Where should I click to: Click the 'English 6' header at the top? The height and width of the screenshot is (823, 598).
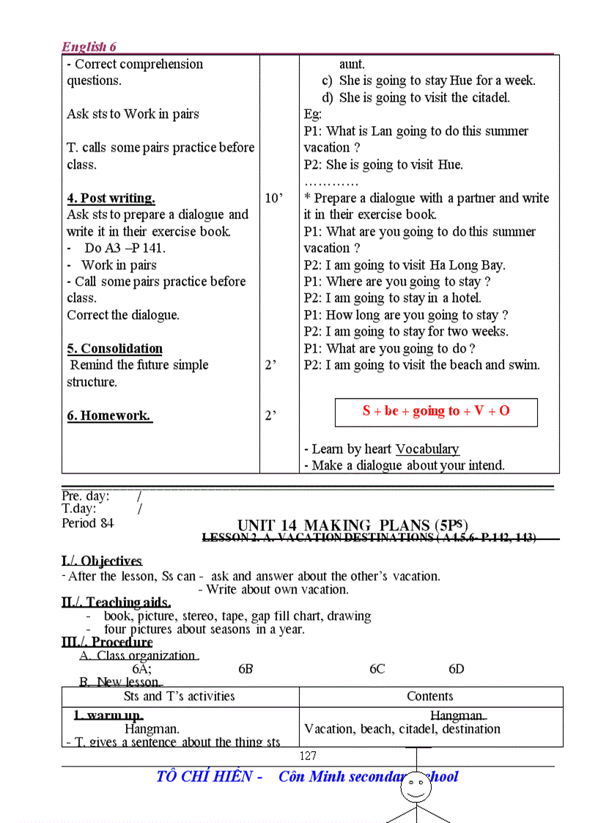(89, 47)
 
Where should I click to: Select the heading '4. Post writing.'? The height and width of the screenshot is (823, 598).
(111, 198)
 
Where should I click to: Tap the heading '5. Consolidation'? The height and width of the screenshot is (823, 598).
(114, 348)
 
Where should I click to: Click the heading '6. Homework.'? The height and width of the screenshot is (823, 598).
(109, 416)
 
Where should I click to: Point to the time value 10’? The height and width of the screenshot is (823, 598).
(273, 198)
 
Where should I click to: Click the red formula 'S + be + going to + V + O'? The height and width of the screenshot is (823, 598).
(436, 411)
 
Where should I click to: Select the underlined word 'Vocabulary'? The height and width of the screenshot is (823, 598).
(427, 449)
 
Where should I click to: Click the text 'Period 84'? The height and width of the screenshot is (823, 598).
(88, 523)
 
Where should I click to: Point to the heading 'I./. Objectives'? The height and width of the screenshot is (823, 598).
(102, 561)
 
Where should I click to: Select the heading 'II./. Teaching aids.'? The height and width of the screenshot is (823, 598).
(117, 602)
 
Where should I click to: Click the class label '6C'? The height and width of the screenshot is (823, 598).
(377, 669)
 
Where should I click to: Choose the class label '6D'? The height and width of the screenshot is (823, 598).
(457, 669)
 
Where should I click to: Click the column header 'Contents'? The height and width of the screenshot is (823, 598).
(430, 696)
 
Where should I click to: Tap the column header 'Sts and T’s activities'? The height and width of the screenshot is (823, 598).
(180, 696)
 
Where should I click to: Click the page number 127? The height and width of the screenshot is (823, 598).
(308, 756)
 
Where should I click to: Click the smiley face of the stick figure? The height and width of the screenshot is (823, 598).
(418, 788)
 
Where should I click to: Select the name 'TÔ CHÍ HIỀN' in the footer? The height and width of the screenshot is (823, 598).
(204, 777)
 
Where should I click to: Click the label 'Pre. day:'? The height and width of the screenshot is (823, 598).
(86, 496)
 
